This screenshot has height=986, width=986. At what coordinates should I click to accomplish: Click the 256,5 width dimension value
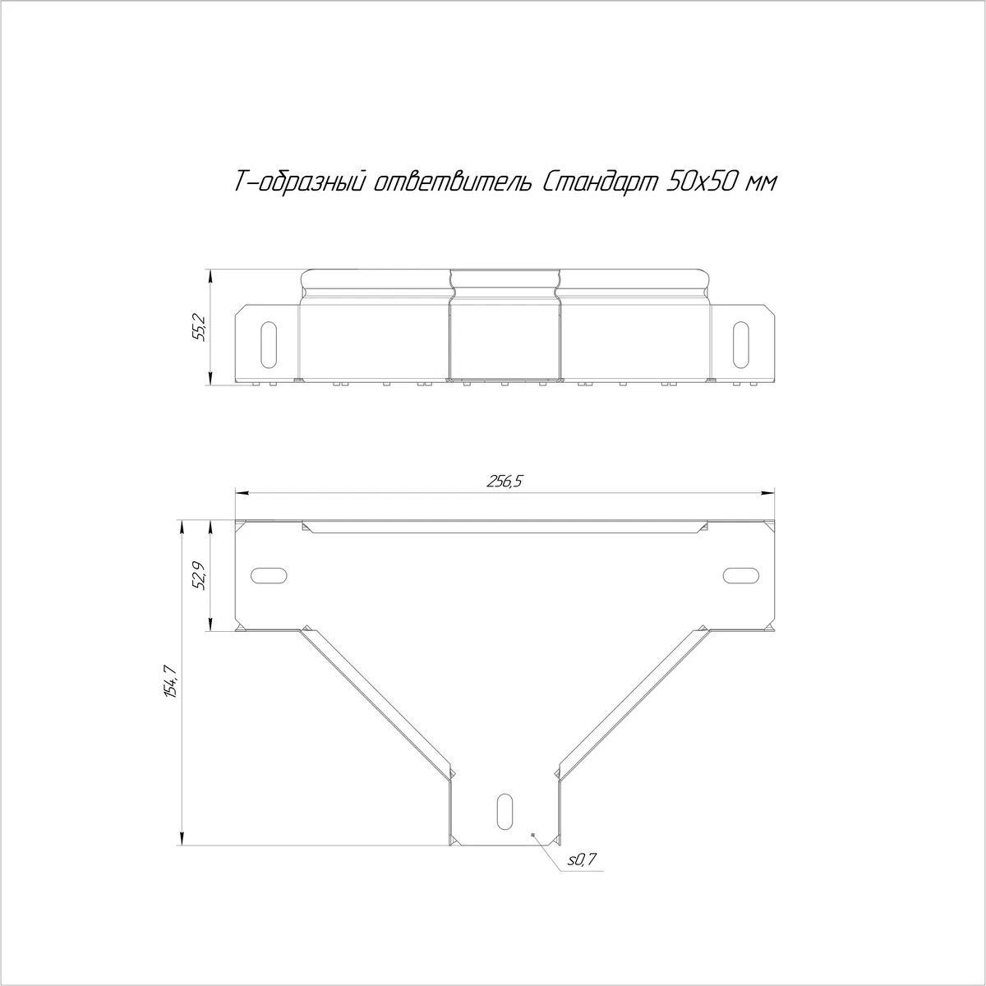pyautogui.click(x=505, y=481)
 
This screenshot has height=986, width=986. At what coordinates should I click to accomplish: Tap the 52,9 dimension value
pyautogui.click(x=200, y=576)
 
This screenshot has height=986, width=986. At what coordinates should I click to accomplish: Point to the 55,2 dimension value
pyautogui.click(x=200, y=328)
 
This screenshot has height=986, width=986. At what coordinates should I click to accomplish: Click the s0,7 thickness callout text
pyautogui.click(x=582, y=859)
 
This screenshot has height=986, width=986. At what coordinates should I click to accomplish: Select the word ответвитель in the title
pyautogui.click(x=452, y=182)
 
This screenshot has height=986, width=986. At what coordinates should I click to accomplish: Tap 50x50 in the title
pyautogui.click(x=702, y=182)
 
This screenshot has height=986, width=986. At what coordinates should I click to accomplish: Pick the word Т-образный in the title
pyautogui.click(x=300, y=182)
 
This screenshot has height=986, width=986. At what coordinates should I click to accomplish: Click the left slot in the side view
pyautogui.click(x=269, y=344)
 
